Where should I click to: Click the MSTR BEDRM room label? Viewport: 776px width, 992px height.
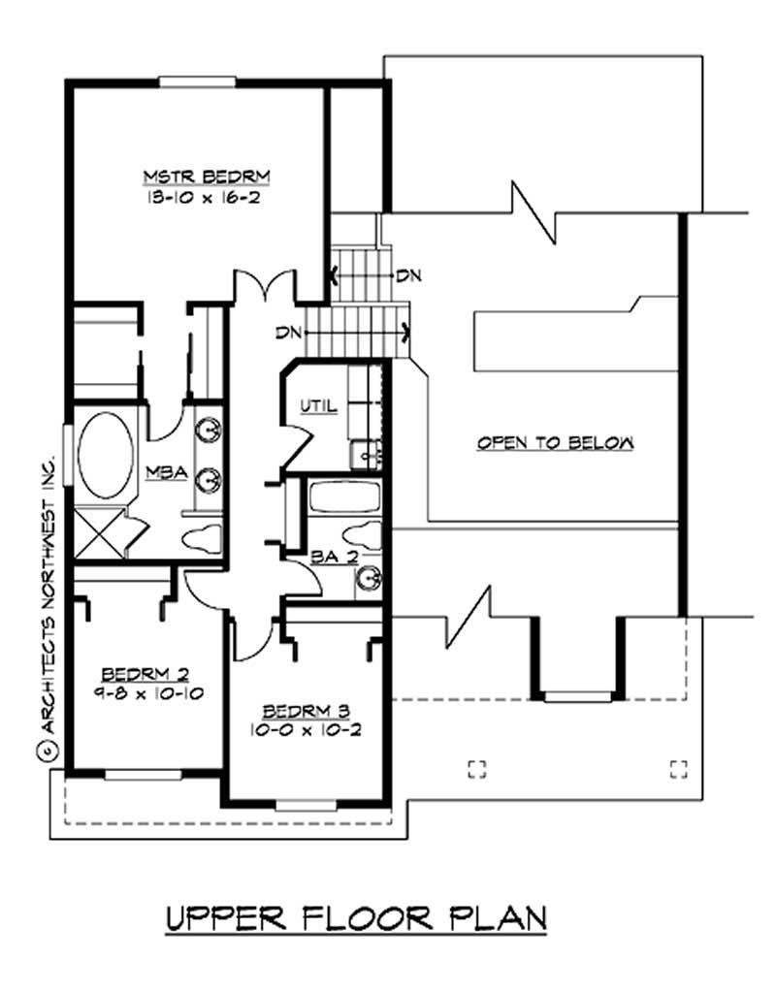point(205,176)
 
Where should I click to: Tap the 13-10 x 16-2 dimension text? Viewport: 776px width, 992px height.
point(205,195)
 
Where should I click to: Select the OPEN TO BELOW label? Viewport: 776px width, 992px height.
point(555,443)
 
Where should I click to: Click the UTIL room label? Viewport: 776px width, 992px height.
point(318,406)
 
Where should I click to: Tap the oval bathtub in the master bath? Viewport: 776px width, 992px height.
point(106,458)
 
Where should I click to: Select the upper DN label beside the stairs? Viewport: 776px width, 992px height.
point(407,275)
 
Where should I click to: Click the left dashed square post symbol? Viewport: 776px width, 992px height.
point(475,768)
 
